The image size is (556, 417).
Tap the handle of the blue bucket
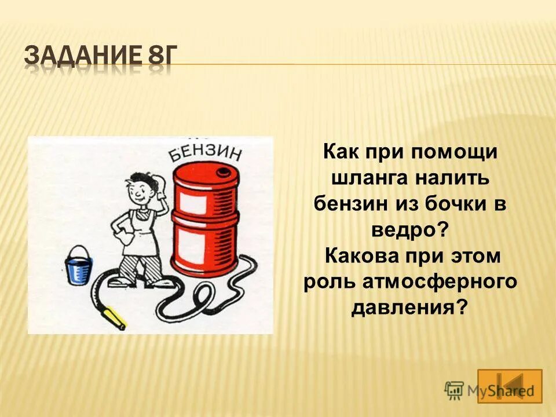[78, 251]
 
